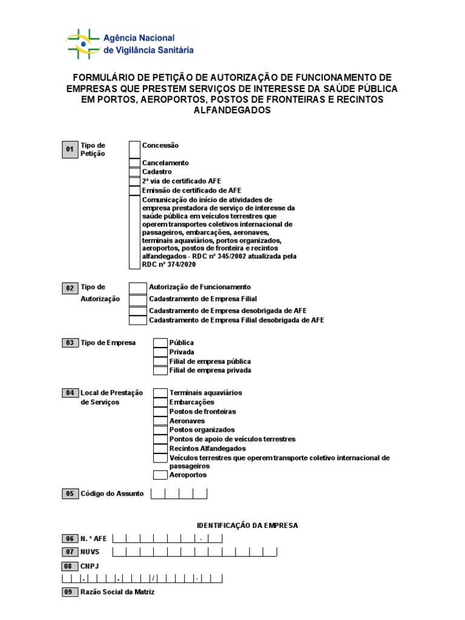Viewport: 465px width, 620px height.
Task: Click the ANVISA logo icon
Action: tap(83, 44)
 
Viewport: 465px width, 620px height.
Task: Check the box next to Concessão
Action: tap(134, 150)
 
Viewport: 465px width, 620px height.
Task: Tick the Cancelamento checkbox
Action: tap(134, 163)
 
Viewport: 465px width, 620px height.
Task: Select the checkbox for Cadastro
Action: tap(134, 172)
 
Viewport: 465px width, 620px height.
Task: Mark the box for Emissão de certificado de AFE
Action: tap(134, 190)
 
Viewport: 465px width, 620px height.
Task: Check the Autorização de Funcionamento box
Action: tap(138, 287)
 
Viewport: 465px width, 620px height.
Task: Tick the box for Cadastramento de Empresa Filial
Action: tap(138, 299)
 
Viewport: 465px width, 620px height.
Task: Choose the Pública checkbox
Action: tap(160, 343)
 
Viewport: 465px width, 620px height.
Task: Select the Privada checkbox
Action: tap(160, 352)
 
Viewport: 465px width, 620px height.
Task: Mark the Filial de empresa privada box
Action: tap(160, 370)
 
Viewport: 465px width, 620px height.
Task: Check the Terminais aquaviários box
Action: tap(160, 393)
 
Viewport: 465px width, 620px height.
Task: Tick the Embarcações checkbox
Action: tap(160, 402)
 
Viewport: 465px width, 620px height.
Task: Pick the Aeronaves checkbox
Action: tap(160, 421)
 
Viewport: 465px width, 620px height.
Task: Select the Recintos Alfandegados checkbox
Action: tap(160, 449)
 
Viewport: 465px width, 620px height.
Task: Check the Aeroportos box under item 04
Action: tap(160, 475)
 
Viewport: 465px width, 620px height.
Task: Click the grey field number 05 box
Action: tap(69, 494)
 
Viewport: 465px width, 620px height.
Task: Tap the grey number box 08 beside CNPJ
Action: tap(69, 566)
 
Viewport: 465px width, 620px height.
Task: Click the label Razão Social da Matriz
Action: tap(117, 592)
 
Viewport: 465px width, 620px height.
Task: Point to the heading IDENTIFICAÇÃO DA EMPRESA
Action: tap(248, 526)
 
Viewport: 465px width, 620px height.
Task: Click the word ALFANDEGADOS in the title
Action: tap(232, 110)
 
